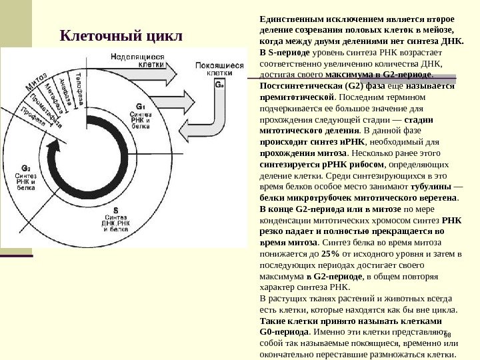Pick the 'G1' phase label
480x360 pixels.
click(x=140, y=106)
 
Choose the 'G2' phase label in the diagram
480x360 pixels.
click(x=25, y=168)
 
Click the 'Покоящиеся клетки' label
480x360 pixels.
click(x=215, y=70)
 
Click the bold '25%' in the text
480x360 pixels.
click(x=330, y=254)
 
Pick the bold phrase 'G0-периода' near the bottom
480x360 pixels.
click(x=283, y=331)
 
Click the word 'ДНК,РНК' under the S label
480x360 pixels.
click(x=115, y=223)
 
